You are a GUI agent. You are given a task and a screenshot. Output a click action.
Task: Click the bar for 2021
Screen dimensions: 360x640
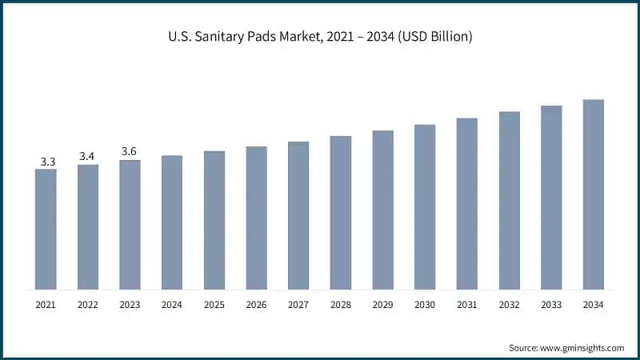[46, 229]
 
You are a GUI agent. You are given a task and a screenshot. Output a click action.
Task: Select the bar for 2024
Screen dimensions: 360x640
[172, 222]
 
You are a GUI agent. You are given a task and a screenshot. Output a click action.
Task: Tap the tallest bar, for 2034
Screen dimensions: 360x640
[593, 194]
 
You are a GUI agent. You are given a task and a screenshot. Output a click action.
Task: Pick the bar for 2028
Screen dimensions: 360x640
[340, 212]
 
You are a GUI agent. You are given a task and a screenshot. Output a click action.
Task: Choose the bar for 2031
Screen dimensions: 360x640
[466, 203]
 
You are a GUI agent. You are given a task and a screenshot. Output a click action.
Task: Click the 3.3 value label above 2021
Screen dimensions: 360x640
[47, 162]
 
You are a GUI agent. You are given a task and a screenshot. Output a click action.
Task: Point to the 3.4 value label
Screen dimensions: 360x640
[89, 155]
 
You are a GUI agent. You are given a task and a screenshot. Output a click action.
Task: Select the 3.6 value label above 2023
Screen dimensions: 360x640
[130, 151]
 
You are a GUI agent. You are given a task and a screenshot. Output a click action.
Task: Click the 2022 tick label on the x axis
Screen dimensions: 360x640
[88, 305]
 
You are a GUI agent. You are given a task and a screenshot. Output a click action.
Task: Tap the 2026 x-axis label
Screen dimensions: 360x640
[256, 305]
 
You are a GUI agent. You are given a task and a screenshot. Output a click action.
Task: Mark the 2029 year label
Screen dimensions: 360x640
[382, 305]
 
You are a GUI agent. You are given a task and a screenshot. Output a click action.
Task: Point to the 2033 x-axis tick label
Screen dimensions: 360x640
[550, 305]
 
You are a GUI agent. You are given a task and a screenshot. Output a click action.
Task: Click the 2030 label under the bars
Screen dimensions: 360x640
[425, 305]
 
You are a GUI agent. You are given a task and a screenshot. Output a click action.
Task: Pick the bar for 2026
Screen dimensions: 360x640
[256, 217]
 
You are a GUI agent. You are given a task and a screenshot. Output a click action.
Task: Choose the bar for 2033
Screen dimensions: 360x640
[551, 197]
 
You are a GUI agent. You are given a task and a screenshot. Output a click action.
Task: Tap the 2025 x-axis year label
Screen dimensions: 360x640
[214, 305]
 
